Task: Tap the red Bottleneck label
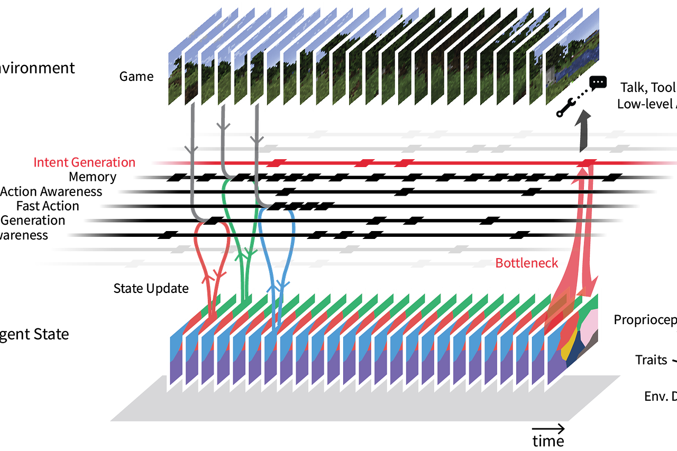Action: click(x=526, y=263)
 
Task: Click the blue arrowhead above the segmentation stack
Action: click(x=277, y=283)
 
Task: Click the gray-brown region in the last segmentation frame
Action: click(x=594, y=338)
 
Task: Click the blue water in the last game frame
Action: click(x=579, y=63)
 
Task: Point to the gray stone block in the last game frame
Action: click(x=551, y=74)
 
